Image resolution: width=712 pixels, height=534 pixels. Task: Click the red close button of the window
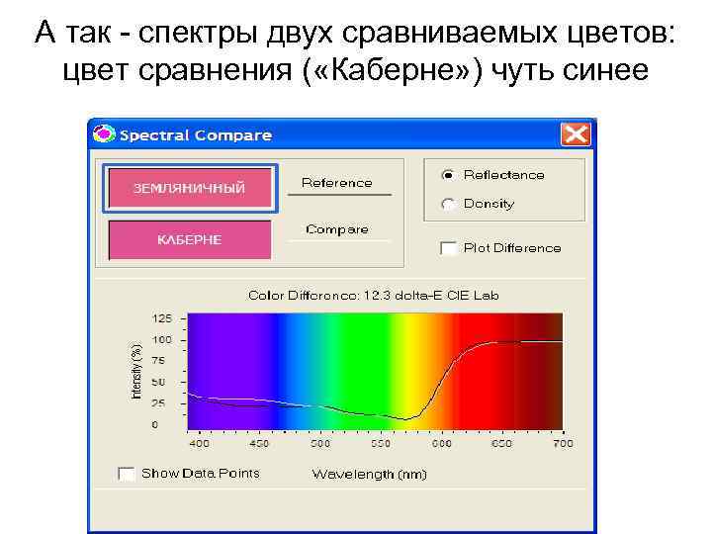pyautogui.click(x=575, y=133)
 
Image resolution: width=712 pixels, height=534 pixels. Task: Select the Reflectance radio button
pyautogui.click(x=448, y=175)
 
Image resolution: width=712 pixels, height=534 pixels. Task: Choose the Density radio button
pyautogui.click(x=448, y=204)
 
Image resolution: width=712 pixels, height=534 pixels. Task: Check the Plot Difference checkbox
pyautogui.click(x=448, y=248)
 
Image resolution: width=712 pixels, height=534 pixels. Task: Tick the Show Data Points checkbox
pyautogui.click(x=126, y=474)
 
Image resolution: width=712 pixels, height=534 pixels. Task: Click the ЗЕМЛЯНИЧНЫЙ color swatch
pyautogui.click(x=189, y=188)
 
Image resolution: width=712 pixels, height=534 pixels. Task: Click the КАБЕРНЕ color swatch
pyautogui.click(x=189, y=240)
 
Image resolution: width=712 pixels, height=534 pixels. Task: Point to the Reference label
pyautogui.click(x=336, y=183)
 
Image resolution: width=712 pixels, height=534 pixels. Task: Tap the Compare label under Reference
pyautogui.click(x=336, y=229)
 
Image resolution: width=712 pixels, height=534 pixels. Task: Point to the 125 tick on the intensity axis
pyautogui.click(x=161, y=318)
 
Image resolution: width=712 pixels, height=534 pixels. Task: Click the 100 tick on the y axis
pyautogui.click(x=161, y=339)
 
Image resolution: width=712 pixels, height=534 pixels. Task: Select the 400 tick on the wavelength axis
pyautogui.click(x=199, y=444)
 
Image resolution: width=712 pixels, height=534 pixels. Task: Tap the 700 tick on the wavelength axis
pyautogui.click(x=562, y=444)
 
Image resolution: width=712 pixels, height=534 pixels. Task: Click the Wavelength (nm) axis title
pyautogui.click(x=369, y=475)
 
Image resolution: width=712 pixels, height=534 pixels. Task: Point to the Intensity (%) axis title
pyautogui.click(x=137, y=372)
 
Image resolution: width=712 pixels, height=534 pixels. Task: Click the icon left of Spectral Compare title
pyautogui.click(x=103, y=133)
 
